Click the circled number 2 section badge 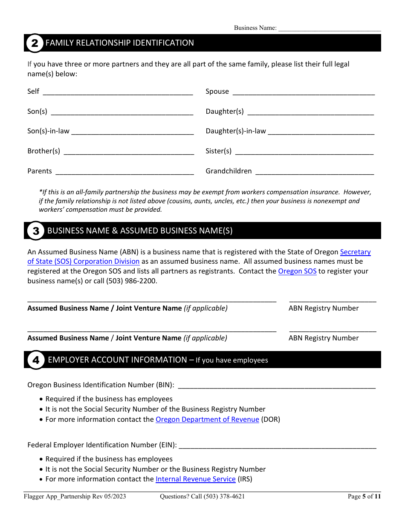[35, 43]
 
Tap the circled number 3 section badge [35, 231]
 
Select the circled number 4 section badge [36, 360]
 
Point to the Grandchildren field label [229, 171]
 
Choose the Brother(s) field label [44, 151]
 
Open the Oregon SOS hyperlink [297, 271]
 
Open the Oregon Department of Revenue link [207, 419]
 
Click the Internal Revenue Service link [195, 479]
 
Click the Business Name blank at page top [329, 29]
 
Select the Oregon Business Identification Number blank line [276, 386]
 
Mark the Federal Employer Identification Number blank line [277, 446]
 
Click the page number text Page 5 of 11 [364, 496]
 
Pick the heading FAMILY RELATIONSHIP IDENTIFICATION [119, 43]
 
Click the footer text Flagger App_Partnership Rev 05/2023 [75, 496]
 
